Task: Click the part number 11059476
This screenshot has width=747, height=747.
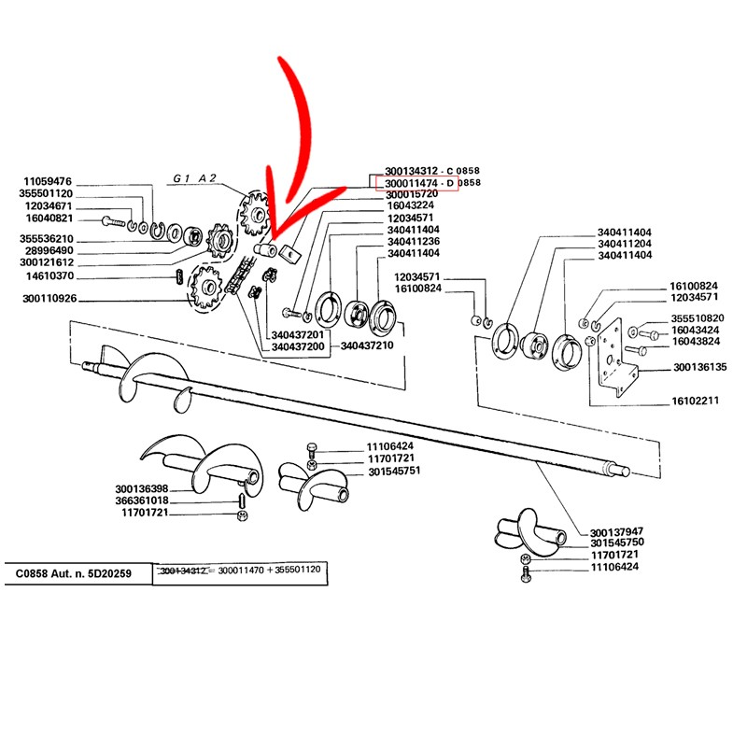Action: pyautogui.click(x=48, y=180)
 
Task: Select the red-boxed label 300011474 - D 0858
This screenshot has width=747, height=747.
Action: pyautogui.click(x=419, y=182)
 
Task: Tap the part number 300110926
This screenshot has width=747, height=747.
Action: pyautogui.click(x=50, y=299)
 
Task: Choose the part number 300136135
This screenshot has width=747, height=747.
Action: pyautogui.click(x=699, y=367)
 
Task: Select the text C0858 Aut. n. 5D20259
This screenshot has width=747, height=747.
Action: pyautogui.click(x=74, y=572)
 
